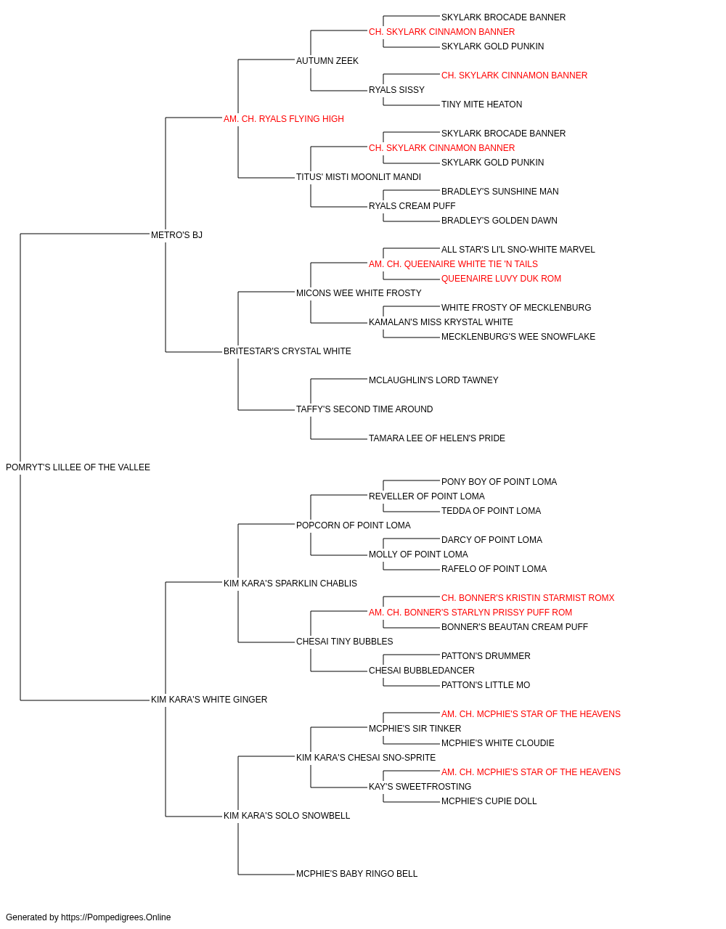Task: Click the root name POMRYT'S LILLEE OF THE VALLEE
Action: coord(78,467)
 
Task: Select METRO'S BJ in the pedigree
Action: coord(176,234)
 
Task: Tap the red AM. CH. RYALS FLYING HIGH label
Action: coord(283,119)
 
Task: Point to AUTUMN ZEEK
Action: coord(327,61)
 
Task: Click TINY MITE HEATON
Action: coord(481,105)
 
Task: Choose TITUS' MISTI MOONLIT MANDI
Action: coord(359,177)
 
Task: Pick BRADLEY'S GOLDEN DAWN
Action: coord(499,221)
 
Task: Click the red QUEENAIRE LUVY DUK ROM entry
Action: coord(501,279)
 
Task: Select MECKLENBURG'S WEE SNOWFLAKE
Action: coord(518,337)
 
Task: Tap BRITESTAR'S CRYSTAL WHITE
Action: coord(287,351)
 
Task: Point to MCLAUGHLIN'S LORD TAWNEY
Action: coord(433,380)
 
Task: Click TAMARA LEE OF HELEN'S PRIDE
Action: coord(437,438)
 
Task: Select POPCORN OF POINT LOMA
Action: coord(353,525)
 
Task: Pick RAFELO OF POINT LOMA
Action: coord(494,568)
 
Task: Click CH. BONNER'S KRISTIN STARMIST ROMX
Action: coord(528,597)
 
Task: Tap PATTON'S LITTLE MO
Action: coord(486,685)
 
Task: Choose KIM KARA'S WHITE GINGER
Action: coord(209,700)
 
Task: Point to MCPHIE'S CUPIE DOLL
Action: coord(489,801)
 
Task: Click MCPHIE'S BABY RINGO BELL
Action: coord(356,874)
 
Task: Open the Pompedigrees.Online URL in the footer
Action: coord(116,917)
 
